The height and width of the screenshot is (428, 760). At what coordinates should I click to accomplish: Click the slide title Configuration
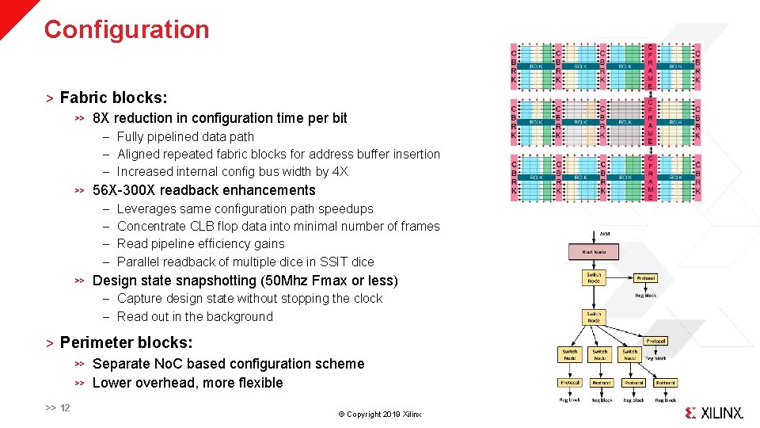click(127, 29)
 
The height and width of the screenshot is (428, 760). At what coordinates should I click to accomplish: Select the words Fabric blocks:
click(113, 97)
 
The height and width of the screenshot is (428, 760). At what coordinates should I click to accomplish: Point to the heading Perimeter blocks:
click(126, 342)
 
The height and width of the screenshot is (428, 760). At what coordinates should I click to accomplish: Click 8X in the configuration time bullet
click(101, 118)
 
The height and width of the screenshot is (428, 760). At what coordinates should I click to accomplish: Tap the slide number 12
click(65, 408)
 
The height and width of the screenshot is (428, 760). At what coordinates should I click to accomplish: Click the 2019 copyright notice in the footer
click(380, 415)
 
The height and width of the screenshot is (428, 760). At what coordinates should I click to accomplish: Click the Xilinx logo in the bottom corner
click(713, 413)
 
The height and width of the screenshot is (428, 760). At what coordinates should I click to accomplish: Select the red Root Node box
click(594, 252)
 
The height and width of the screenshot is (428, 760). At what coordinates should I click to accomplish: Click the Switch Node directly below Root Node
click(594, 277)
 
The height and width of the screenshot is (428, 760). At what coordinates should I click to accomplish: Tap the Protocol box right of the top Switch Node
click(645, 278)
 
